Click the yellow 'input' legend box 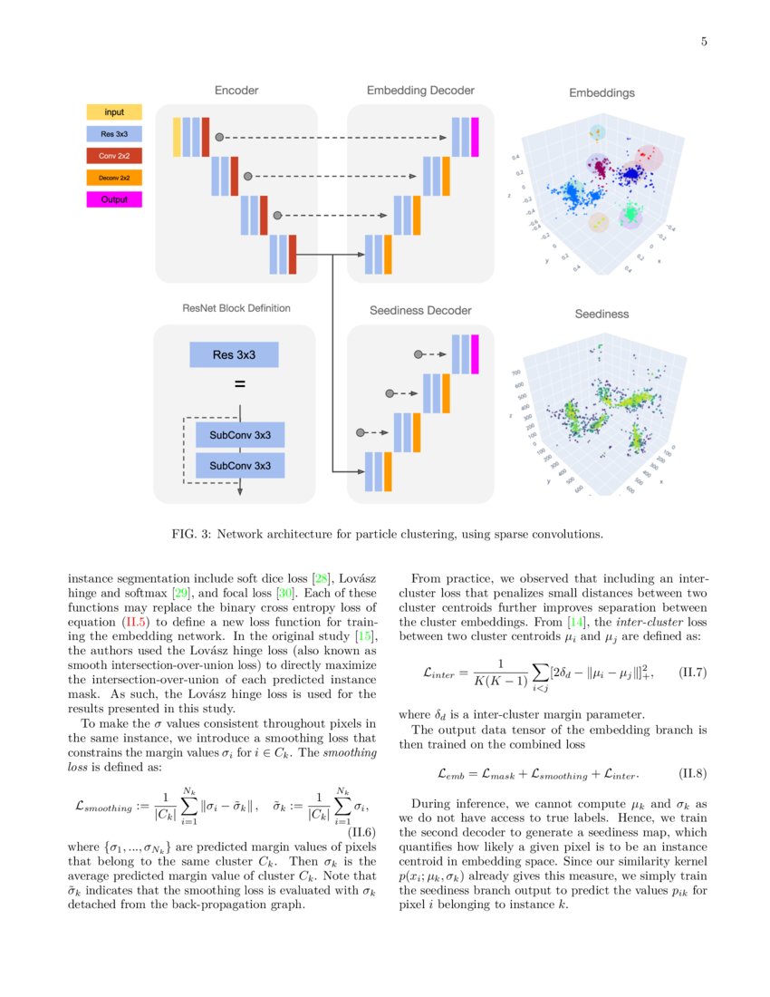point(114,112)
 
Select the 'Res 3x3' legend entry point(114,134)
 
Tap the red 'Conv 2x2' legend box point(114,157)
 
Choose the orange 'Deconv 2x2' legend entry point(114,178)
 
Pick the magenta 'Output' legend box point(114,199)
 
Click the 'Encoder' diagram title point(236,91)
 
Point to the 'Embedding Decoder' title point(420,91)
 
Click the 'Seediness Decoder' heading point(420,311)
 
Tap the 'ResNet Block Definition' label point(236,308)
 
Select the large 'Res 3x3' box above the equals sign point(234,354)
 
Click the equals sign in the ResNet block point(240,384)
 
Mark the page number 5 point(703,42)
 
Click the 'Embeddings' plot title point(602,93)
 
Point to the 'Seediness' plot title point(602,315)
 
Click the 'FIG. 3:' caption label point(192,534)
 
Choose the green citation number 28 point(320,578)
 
